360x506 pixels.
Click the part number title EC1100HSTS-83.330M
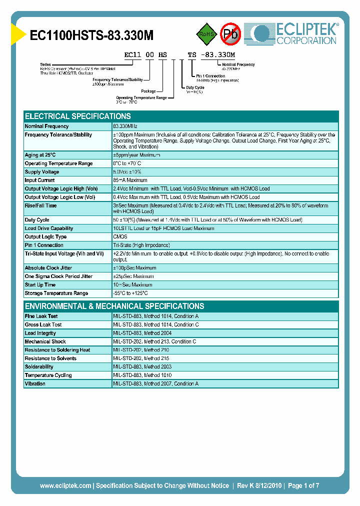[91, 35]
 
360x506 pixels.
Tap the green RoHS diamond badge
[205, 34]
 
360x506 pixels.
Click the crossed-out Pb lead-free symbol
[231, 34]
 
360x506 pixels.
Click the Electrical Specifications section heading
[78, 116]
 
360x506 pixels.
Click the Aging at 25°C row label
[40, 155]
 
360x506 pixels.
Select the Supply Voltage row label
[42, 172]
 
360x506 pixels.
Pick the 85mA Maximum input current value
[130, 180]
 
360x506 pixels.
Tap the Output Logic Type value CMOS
[120, 237]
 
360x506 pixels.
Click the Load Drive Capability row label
[49, 228]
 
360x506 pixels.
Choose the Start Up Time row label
[40, 285]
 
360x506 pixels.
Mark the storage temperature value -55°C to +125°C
[130, 293]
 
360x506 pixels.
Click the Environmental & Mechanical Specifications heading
[114, 306]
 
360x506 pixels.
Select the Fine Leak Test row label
[41, 316]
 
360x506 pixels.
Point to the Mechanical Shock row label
[45, 341]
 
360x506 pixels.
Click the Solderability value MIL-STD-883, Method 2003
[143, 367]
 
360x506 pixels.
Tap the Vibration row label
[35, 384]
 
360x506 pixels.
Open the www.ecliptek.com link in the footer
[65, 485]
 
